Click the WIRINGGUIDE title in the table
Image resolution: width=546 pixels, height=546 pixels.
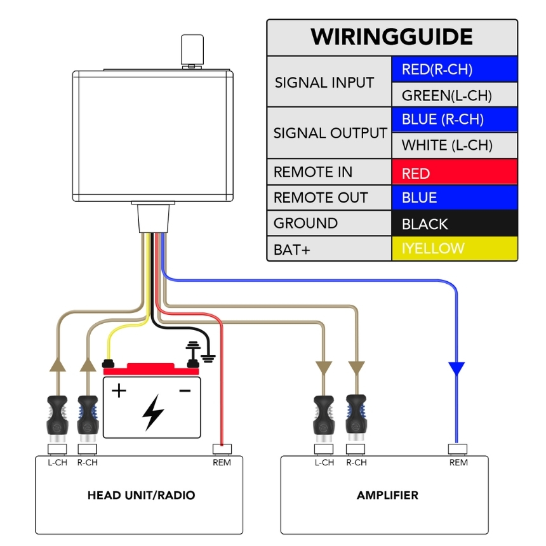click(x=392, y=37)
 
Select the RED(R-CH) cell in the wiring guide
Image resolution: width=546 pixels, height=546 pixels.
click(x=454, y=69)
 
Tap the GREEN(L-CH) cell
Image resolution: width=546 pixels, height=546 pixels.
click(x=454, y=95)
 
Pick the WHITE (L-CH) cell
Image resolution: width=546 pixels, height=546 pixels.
click(x=454, y=145)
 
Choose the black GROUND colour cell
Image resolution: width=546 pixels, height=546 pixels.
click(x=454, y=223)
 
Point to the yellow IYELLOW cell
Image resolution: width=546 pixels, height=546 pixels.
click(x=454, y=248)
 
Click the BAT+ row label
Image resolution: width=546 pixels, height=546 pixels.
click(x=292, y=250)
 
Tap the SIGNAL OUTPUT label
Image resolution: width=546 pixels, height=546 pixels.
click(x=330, y=133)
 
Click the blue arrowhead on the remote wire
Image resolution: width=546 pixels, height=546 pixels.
click(x=456, y=369)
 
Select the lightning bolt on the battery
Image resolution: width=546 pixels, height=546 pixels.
click(x=152, y=411)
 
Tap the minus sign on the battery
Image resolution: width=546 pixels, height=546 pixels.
click(x=185, y=390)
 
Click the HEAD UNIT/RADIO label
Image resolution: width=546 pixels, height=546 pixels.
click(x=141, y=495)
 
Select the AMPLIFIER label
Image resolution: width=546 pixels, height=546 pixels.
click(x=387, y=495)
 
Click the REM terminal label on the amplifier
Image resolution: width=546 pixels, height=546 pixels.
click(x=458, y=462)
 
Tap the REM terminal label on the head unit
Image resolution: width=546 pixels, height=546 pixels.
click(x=222, y=462)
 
